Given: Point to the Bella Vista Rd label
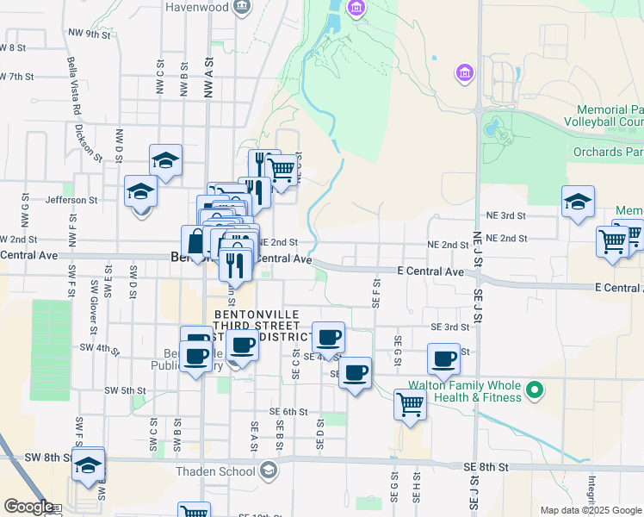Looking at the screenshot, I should pos(73,85).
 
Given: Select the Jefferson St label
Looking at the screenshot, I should pos(96,200).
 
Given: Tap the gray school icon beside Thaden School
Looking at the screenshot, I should pos(269,470).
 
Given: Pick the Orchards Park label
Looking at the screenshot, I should pos(608,153).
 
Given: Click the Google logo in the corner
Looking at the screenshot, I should pos(28,507).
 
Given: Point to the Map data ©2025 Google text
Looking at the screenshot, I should pos(590,510).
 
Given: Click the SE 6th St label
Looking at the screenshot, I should pos(288,412).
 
